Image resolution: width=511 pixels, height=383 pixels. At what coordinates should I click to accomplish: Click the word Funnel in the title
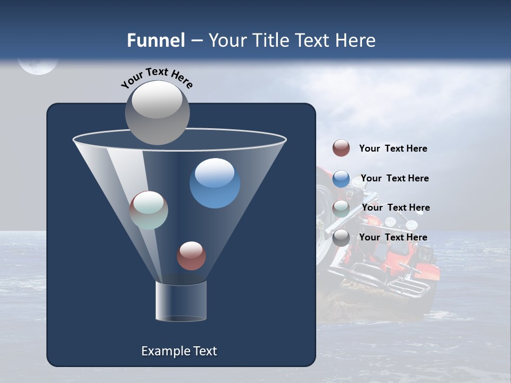pos(155,40)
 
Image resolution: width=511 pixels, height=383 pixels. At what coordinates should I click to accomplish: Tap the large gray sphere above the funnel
pos(158,113)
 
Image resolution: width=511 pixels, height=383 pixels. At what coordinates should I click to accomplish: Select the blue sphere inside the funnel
pos(215,183)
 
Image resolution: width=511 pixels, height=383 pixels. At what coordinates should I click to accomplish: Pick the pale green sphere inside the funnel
pos(149,210)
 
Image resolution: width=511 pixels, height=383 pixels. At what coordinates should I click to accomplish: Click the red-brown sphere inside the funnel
pos(191,255)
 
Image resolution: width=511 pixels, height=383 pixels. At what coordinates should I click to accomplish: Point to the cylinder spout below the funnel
pos(180,301)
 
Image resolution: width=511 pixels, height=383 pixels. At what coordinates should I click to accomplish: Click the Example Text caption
pos(179,351)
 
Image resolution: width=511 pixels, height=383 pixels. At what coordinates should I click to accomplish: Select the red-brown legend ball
pos(341,148)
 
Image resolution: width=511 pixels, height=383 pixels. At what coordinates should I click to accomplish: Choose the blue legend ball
pos(341,179)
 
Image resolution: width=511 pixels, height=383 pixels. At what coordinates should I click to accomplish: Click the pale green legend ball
pos(341,209)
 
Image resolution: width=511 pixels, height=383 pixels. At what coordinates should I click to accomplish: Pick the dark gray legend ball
pos(341,238)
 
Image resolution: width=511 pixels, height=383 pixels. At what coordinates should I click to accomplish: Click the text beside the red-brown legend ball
pos(393,148)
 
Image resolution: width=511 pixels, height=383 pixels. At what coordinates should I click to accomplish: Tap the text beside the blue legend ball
pos(394,178)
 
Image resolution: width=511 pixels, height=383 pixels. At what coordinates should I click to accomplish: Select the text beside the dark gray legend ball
pos(393,237)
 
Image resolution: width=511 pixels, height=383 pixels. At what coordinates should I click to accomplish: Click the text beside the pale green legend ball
pos(395,207)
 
